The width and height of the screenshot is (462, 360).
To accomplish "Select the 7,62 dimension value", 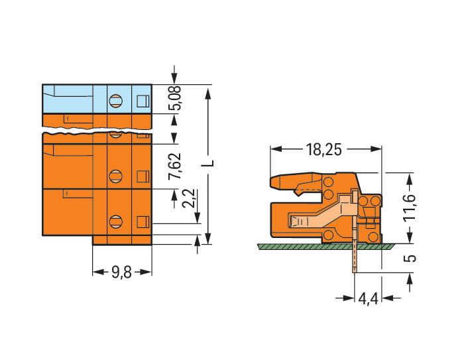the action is tap(174, 166).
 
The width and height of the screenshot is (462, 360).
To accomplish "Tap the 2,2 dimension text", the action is tap(188, 199).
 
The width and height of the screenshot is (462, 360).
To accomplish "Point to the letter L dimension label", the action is tap(207, 163).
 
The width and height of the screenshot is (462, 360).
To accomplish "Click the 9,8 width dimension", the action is tap(122, 272).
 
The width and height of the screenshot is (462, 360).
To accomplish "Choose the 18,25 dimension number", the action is tap(324, 149).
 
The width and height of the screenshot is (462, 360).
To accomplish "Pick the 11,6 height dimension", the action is tap(409, 207).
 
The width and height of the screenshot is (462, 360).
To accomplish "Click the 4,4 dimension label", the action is tap(368, 299).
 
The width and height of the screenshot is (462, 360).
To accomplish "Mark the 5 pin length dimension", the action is tap(410, 259).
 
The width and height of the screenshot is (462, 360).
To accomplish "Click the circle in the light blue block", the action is tap(115, 101).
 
